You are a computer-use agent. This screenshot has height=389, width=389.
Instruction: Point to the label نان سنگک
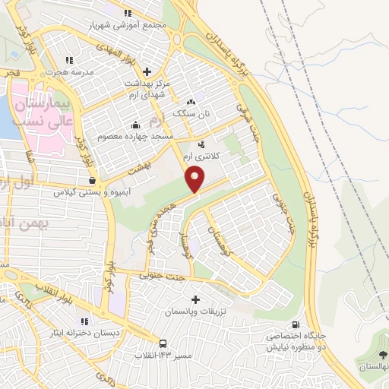[x=190, y=113]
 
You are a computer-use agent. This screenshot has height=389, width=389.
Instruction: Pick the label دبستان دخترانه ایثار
[x=83, y=332]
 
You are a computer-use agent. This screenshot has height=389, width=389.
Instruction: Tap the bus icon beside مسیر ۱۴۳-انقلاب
[x=163, y=343]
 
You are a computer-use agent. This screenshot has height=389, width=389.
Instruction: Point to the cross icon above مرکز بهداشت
[x=148, y=51]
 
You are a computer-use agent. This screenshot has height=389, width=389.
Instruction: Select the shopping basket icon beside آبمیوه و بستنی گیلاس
[x=92, y=181]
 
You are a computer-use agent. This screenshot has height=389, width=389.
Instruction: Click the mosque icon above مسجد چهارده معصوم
[x=135, y=125]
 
